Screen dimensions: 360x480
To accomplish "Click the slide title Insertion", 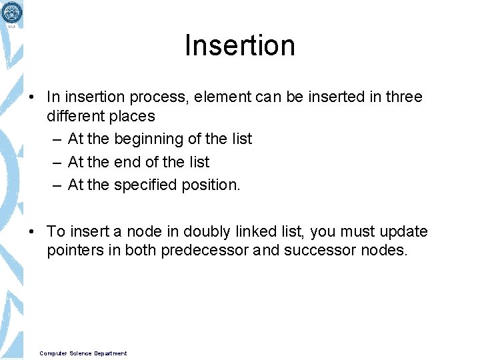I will click(239, 46).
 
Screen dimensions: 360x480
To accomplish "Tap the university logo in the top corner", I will click(11, 13).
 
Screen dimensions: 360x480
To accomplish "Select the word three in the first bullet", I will click(404, 97).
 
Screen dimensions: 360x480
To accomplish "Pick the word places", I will click(133, 116).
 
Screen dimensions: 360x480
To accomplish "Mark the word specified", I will click(147, 185).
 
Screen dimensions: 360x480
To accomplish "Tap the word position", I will click(211, 185).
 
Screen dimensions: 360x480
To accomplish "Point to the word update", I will click(403, 232).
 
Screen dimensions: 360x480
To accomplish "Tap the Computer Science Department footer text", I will click(83, 353).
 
